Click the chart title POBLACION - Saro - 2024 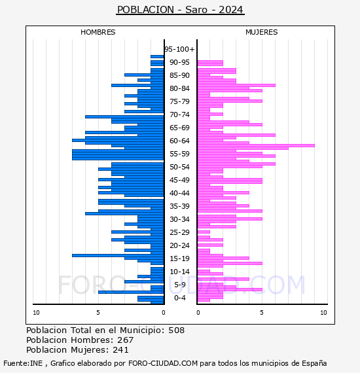tap(180, 10)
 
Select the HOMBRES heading tap(98, 32)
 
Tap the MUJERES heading tap(262, 32)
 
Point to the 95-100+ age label tap(179, 49)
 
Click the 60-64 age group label tap(179, 141)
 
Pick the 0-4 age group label tap(179, 298)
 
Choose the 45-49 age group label tap(179, 180)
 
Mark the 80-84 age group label tap(179, 88)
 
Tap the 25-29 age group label tap(179, 232)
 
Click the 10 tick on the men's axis tap(36, 312)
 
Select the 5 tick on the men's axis tap(98, 312)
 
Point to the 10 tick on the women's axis tap(323, 312)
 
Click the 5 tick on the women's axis tap(262, 312)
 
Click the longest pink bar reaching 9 tap(256, 145)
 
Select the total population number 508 tap(176, 330)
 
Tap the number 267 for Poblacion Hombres tap(125, 340)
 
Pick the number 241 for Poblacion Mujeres tap(120, 349)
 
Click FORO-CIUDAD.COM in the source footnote tap(163, 363)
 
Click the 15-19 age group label tap(179, 258)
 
